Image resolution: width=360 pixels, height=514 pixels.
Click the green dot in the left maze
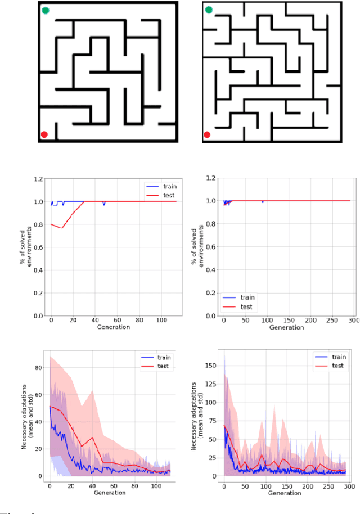46,10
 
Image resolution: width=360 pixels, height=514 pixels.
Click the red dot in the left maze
44,134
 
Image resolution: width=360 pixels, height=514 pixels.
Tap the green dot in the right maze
209,10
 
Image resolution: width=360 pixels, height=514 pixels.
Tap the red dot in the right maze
207,134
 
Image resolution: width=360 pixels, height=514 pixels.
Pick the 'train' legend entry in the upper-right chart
246,297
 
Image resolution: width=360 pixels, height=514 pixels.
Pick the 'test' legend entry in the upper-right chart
246,306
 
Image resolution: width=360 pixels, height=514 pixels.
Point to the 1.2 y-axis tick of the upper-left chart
38,178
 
